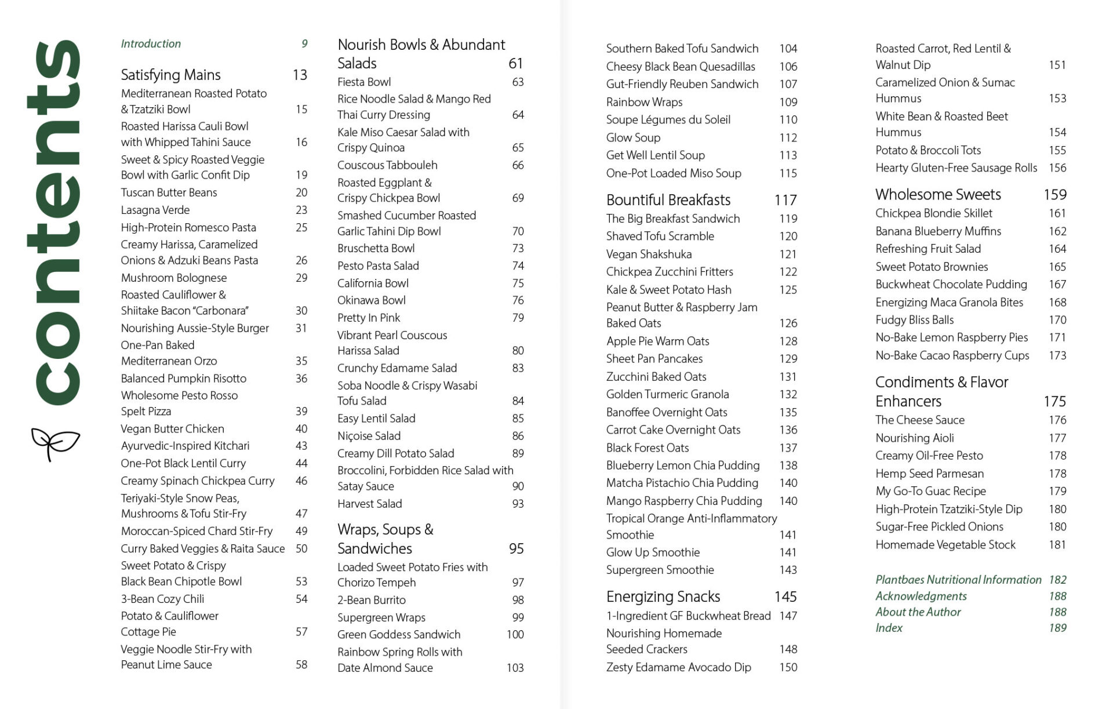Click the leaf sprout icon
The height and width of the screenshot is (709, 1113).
(55, 444)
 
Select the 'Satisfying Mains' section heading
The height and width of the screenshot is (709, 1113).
(170, 75)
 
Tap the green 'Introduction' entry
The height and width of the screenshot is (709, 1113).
(151, 43)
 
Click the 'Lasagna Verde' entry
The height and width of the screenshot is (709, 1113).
(155, 210)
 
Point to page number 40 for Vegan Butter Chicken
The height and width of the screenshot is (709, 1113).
(301, 429)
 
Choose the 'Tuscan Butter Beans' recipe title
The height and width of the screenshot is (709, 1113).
(169, 192)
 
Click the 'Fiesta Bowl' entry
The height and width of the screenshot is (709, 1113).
(364, 82)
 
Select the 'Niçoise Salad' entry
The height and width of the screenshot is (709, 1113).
(369, 436)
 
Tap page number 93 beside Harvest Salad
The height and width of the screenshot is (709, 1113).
(518, 504)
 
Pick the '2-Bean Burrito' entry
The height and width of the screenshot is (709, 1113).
(372, 600)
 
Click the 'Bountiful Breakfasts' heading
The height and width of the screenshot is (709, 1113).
(668, 200)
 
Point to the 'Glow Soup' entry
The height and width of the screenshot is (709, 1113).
(633, 137)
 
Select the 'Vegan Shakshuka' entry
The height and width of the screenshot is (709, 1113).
(649, 254)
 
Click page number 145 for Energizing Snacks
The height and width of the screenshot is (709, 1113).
(785, 597)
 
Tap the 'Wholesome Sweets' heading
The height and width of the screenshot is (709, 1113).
(938, 194)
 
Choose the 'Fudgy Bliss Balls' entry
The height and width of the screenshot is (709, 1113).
(914, 319)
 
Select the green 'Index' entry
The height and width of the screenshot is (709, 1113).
(889, 628)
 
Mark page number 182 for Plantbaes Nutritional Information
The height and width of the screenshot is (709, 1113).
(1057, 580)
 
